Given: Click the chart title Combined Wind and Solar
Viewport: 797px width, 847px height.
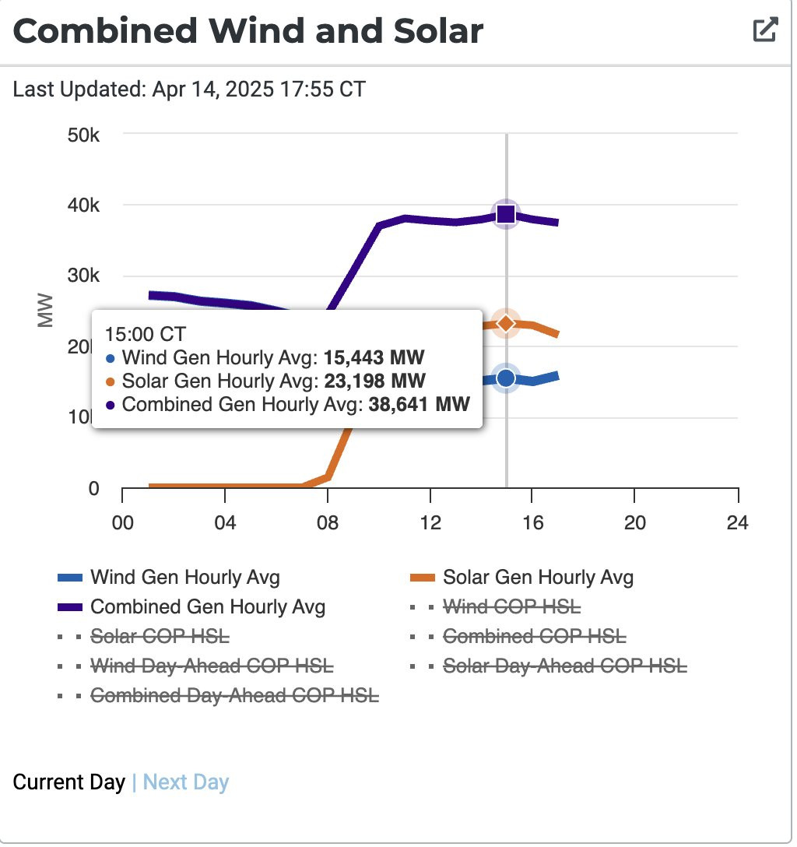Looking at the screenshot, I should pyautogui.click(x=248, y=31).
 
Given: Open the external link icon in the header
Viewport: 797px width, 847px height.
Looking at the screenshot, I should pyautogui.click(x=765, y=30).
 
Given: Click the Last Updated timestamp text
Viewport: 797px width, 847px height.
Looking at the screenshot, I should pyautogui.click(x=189, y=89).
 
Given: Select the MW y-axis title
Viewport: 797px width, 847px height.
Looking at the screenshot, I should pyautogui.click(x=47, y=310).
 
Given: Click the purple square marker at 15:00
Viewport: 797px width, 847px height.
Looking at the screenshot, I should pyautogui.click(x=506, y=214).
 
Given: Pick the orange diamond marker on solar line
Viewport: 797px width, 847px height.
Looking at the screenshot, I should pyautogui.click(x=506, y=323).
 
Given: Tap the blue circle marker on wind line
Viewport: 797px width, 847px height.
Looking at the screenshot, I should pyautogui.click(x=506, y=378).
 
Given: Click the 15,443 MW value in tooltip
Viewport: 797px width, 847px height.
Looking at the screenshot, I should pyautogui.click(x=374, y=358).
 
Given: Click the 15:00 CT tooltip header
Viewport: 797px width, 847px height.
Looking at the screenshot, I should pyautogui.click(x=146, y=334).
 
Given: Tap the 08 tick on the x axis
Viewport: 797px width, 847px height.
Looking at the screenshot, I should pyautogui.click(x=328, y=522).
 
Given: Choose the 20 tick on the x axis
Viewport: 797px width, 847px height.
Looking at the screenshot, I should pyautogui.click(x=635, y=522).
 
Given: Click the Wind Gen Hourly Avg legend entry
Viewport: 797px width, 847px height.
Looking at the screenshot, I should pyautogui.click(x=184, y=578).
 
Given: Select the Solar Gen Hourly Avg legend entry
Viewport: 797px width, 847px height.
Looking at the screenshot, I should pyautogui.click(x=538, y=578).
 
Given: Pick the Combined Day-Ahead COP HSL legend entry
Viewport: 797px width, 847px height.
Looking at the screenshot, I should pyautogui.click(x=234, y=695).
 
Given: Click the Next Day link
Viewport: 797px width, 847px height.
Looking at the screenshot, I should pyautogui.click(x=186, y=782).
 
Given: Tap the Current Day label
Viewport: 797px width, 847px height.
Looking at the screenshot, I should pyautogui.click(x=69, y=782).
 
